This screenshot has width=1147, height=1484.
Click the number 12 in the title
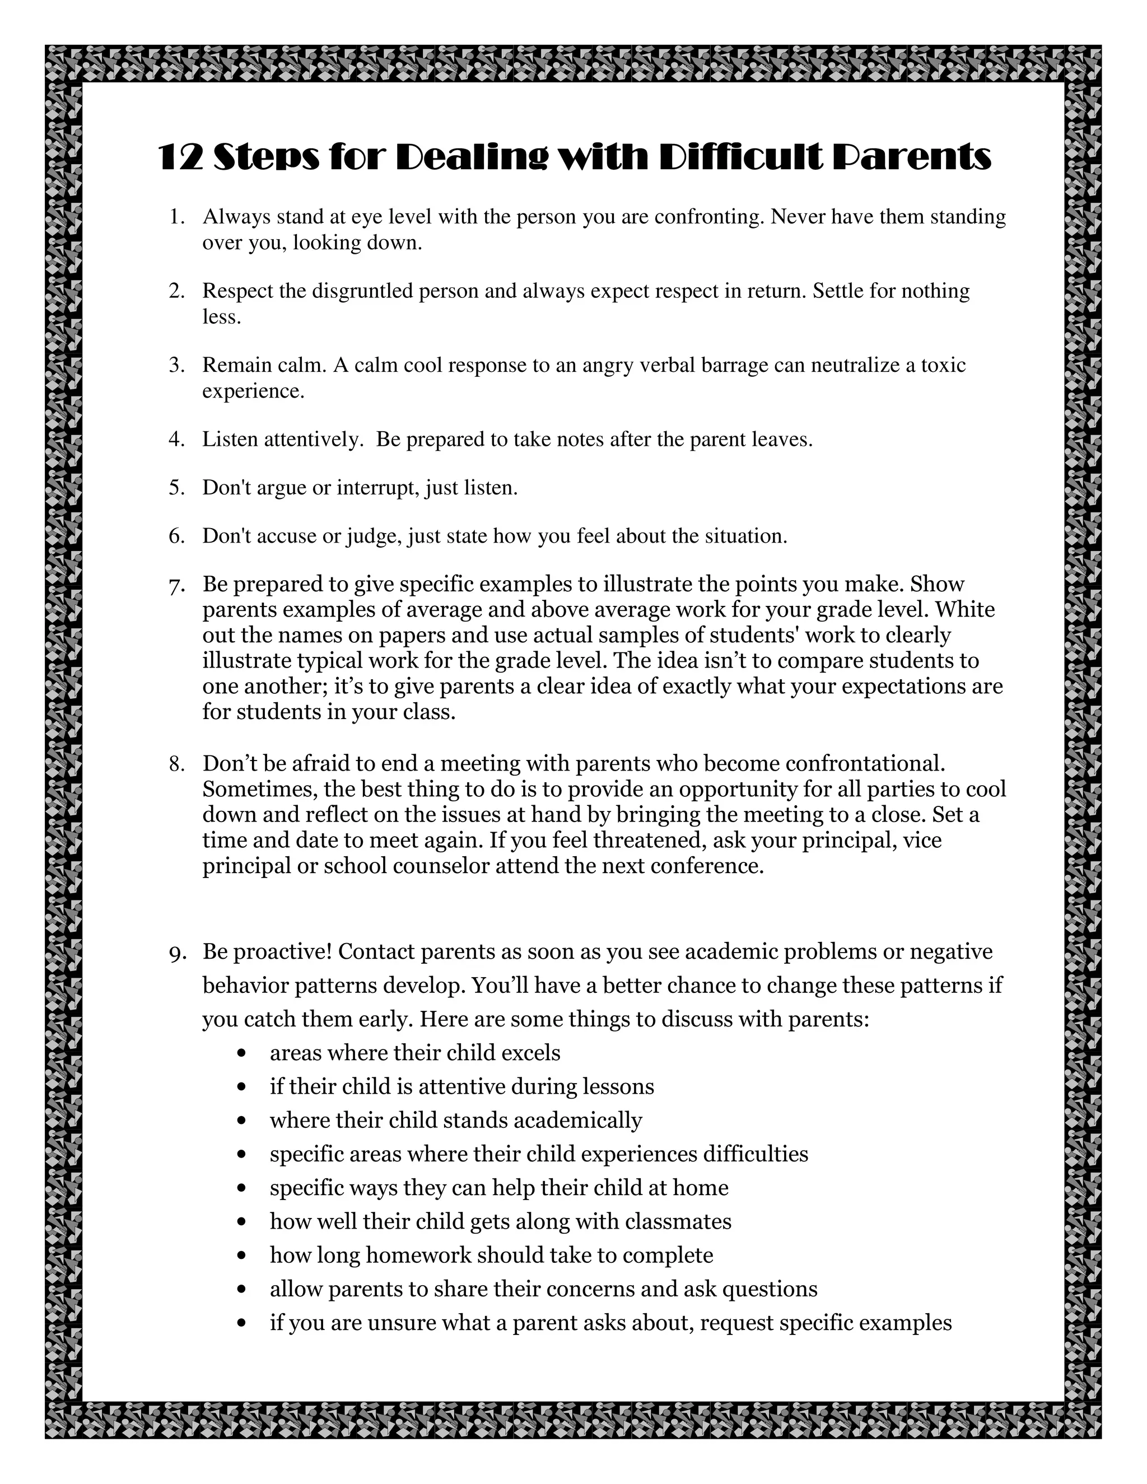pos(181,158)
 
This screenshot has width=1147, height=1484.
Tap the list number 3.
pos(176,366)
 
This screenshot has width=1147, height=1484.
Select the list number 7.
pos(176,586)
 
